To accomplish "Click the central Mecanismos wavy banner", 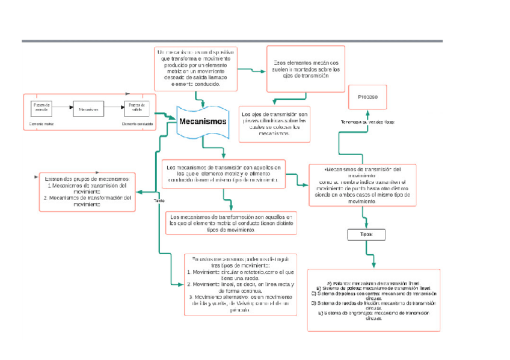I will click(x=203, y=121).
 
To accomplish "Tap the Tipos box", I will click(x=366, y=234).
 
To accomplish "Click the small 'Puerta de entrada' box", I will click(x=41, y=108).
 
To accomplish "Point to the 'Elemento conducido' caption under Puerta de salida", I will click(x=137, y=124).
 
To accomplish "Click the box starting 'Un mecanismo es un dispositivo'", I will click(x=195, y=67).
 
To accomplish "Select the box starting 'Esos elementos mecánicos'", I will click(x=306, y=69).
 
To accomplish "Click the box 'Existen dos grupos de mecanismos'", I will click(x=87, y=191).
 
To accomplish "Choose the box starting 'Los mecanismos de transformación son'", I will click(x=231, y=222).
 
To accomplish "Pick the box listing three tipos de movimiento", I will click(x=240, y=285).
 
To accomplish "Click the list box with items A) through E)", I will click(x=373, y=300).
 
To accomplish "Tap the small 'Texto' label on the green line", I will click(x=159, y=200).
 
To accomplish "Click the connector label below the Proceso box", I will click(x=367, y=122).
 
